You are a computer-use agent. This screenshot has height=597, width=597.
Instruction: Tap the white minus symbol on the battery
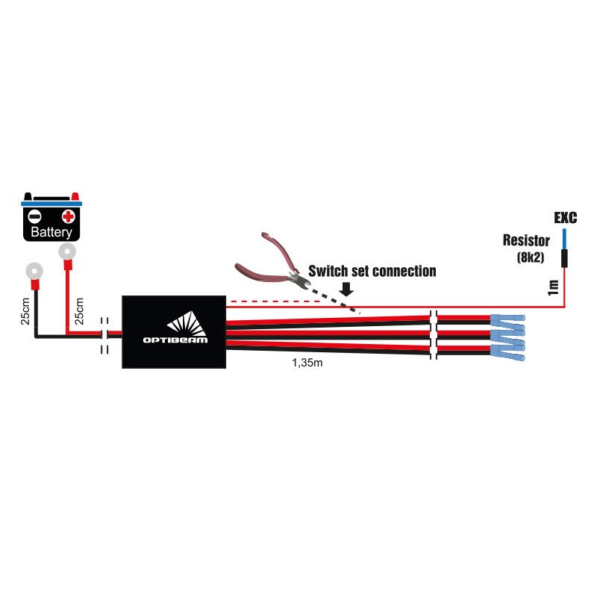(34, 217)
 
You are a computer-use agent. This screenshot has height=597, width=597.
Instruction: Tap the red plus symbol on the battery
(68, 217)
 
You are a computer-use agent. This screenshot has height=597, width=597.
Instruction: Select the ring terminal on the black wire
(34, 271)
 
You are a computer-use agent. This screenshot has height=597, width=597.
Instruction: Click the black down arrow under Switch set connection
(346, 287)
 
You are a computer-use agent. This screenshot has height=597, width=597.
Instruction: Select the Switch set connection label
(372, 271)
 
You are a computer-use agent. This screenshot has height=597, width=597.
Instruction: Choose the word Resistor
(526, 241)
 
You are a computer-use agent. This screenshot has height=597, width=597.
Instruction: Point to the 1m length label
(552, 287)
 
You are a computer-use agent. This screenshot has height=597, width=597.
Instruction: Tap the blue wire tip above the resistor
(564, 239)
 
